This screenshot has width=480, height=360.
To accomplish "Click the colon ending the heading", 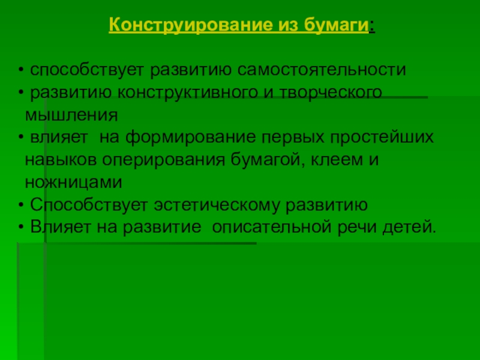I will coord(372,26).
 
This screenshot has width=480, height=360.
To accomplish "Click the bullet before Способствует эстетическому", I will coord(21,205).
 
